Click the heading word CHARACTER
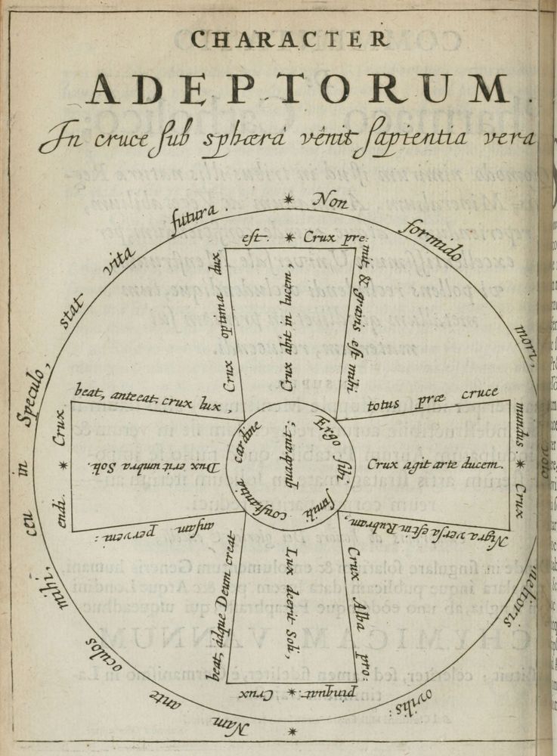coord(290,39)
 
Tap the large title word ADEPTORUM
coord(310,90)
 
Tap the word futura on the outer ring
coord(191,219)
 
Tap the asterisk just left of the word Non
coord(288,200)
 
